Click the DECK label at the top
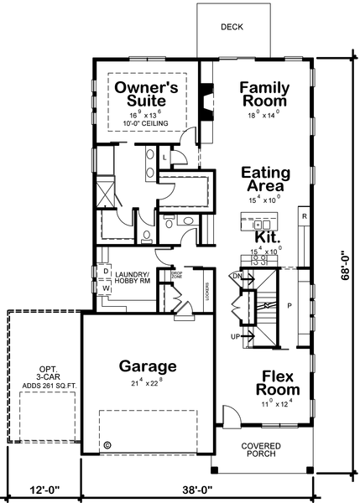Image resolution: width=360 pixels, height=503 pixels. click(x=232, y=27)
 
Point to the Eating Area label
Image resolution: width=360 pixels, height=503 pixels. click(x=265, y=179)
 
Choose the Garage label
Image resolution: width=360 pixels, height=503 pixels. click(x=147, y=366)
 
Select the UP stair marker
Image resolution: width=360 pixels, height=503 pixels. click(x=237, y=336)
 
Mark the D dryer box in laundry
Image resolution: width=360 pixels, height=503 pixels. click(x=106, y=272)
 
